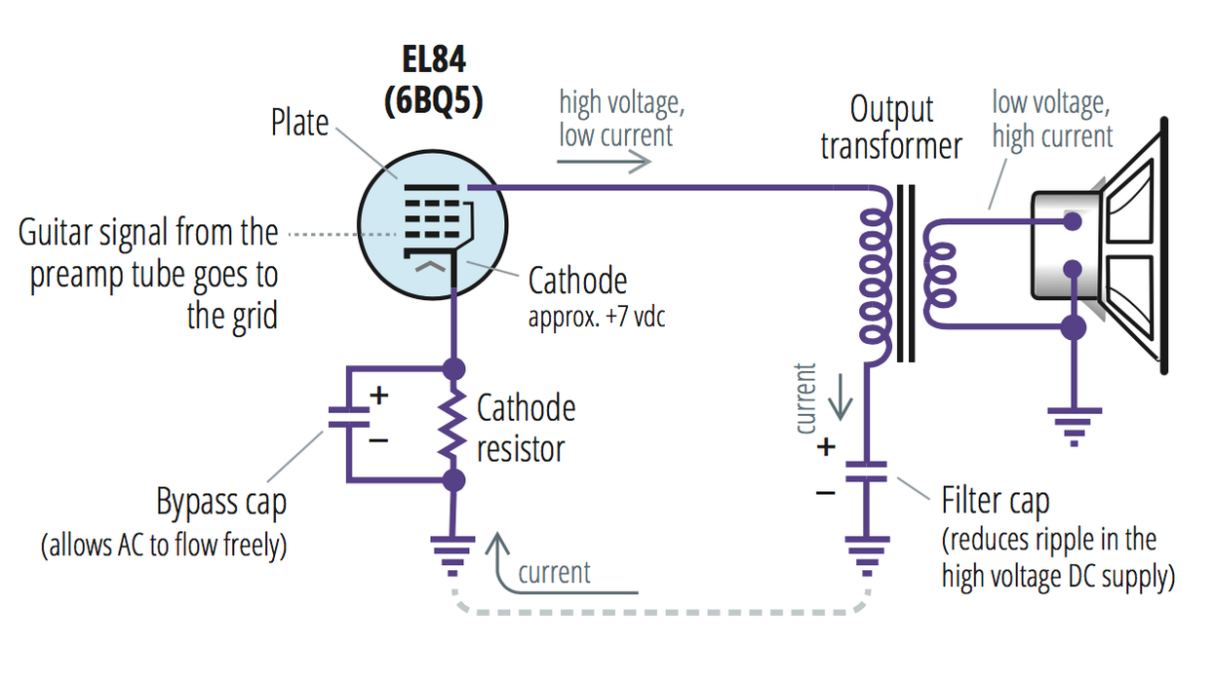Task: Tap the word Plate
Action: click(x=299, y=124)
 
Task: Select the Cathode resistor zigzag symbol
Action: click(x=452, y=425)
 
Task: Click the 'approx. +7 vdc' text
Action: click(x=597, y=317)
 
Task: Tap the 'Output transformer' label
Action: click(x=890, y=127)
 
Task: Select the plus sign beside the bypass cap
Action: click(x=378, y=396)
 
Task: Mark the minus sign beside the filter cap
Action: click(x=826, y=492)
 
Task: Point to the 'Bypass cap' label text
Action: click(x=221, y=503)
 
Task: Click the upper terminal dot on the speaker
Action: click(x=1073, y=222)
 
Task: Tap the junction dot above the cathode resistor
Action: click(x=452, y=368)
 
